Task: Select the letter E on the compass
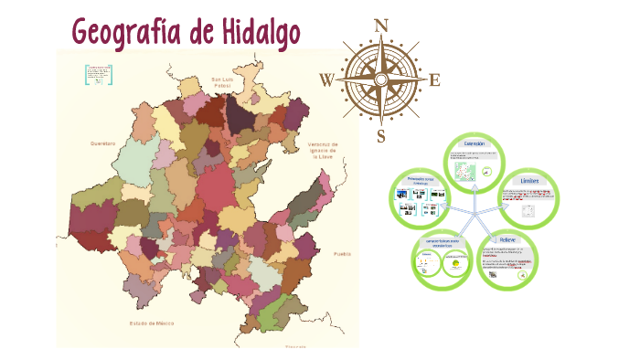coord(434,80)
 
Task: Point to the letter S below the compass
coord(381,137)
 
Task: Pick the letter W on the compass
coord(326,80)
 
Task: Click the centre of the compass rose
coord(380,80)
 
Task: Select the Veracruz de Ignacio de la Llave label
coord(323,150)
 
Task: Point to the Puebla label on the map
coord(342,253)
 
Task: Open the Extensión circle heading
coord(474,144)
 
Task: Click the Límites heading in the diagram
coord(529,181)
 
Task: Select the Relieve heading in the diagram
coord(507,239)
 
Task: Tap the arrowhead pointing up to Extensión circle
coord(473,189)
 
